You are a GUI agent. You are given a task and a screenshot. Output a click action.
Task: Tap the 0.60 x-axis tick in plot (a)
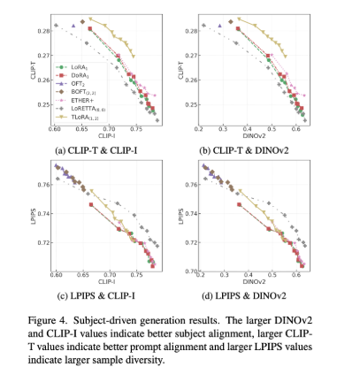[x=55, y=129]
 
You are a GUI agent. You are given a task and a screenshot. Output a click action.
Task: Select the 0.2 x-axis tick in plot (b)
[x=199, y=129]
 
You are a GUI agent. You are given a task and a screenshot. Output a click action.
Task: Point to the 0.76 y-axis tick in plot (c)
[x=43, y=185]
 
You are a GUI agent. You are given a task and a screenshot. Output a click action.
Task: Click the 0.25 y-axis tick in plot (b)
[x=187, y=104]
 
